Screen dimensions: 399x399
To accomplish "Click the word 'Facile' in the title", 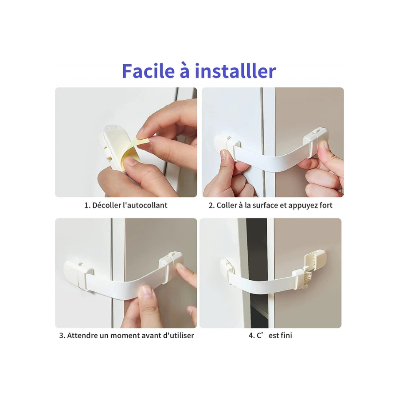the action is [149, 71].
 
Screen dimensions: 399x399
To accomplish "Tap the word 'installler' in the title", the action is [236, 71].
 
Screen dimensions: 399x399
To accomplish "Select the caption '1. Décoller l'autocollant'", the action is [126, 205].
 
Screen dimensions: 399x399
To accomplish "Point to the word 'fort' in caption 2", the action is [326, 205].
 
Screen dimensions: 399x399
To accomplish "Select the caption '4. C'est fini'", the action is [270, 336].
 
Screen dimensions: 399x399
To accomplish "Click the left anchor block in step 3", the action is [78, 276].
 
